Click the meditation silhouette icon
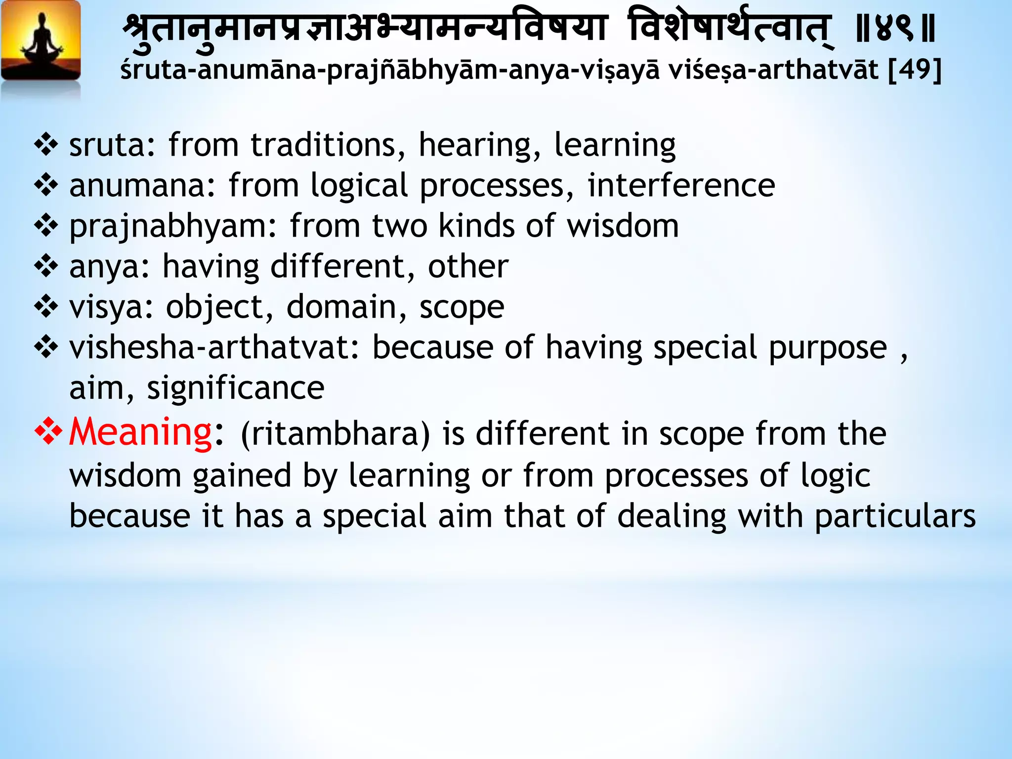click(x=41, y=42)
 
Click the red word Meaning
click(x=140, y=432)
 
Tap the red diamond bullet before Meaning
click(x=48, y=431)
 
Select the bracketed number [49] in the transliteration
click(x=915, y=69)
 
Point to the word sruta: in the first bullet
click(x=112, y=145)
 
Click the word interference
click(x=681, y=186)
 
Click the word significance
click(x=235, y=388)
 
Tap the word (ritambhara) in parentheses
click(x=336, y=434)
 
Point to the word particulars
click(x=895, y=516)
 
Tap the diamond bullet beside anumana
click(x=46, y=186)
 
